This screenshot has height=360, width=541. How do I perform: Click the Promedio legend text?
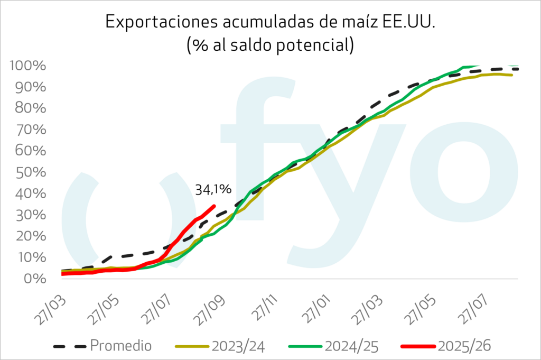121,346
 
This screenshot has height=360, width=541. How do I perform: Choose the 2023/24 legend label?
238,346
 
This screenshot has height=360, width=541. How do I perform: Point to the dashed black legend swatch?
69,346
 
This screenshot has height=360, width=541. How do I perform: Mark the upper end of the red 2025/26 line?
213,206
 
